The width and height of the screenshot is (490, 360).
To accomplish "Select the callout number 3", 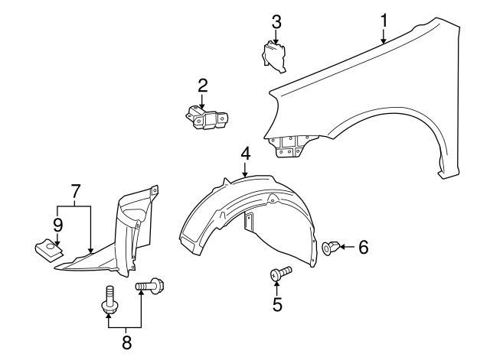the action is [276, 22].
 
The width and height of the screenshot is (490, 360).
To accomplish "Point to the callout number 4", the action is [245, 154].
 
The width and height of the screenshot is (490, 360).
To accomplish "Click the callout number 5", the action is [277, 304].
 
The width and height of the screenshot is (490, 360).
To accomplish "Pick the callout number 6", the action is [364, 247].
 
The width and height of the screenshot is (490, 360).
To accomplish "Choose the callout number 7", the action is [76, 192].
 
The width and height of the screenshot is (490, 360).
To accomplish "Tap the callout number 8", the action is [126, 342].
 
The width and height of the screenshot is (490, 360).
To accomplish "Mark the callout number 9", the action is [57, 225].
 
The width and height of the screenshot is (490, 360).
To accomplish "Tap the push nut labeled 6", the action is [331, 248].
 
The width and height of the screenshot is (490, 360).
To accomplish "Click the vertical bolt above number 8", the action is [109, 300].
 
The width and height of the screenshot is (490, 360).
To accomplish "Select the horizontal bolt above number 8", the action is [150, 285].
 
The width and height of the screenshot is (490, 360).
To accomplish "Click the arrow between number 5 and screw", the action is [276, 287].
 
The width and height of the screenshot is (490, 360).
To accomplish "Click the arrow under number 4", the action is [245, 170].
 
